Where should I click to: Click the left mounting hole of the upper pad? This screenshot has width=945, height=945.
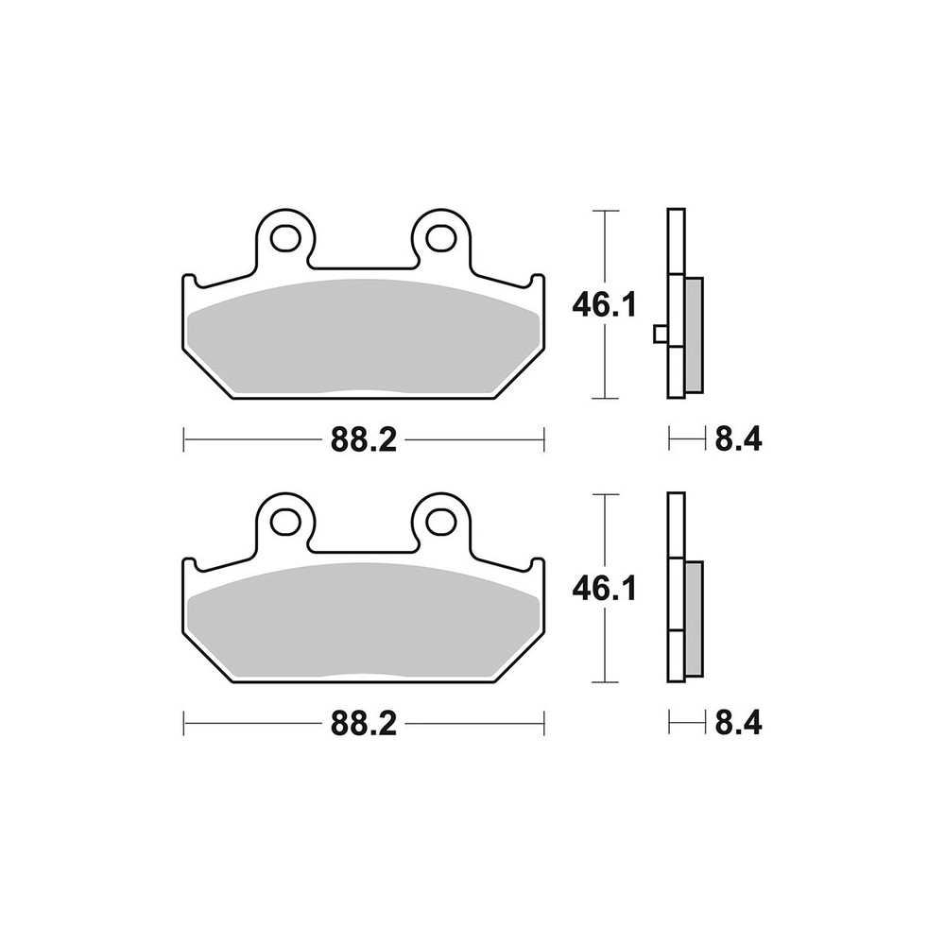(285, 238)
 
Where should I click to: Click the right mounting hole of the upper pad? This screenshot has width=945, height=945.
(441, 238)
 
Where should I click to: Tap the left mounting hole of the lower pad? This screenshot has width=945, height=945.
(285, 523)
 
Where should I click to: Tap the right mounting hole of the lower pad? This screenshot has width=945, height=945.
(441, 523)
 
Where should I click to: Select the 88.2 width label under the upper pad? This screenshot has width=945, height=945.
(364, 440)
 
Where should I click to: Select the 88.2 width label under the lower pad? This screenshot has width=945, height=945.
(364, 724)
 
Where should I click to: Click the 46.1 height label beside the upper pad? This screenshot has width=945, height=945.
(604, 306)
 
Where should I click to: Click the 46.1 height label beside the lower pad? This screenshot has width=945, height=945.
(604, 590)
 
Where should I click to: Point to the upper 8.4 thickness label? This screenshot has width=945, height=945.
(738, 439)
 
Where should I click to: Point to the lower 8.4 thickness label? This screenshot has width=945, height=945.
(738, 724)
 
